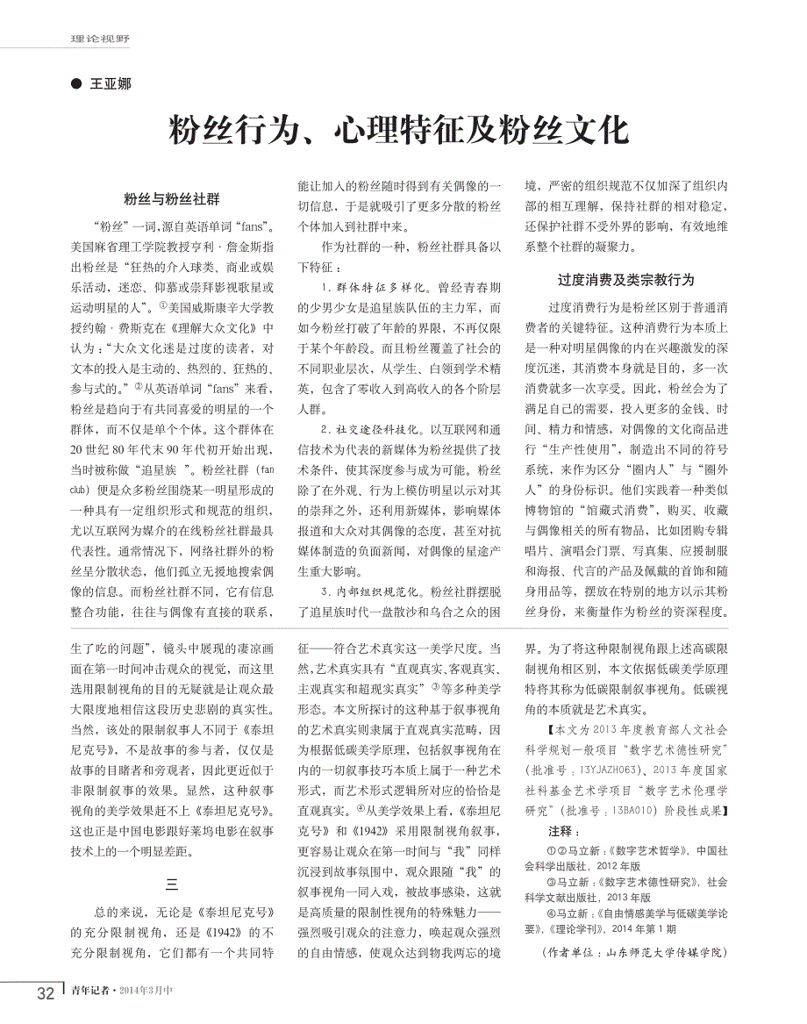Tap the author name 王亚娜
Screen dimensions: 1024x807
point(111,85)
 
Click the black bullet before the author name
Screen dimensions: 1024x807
point(75,85)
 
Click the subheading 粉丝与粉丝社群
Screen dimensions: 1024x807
point(171,199)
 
